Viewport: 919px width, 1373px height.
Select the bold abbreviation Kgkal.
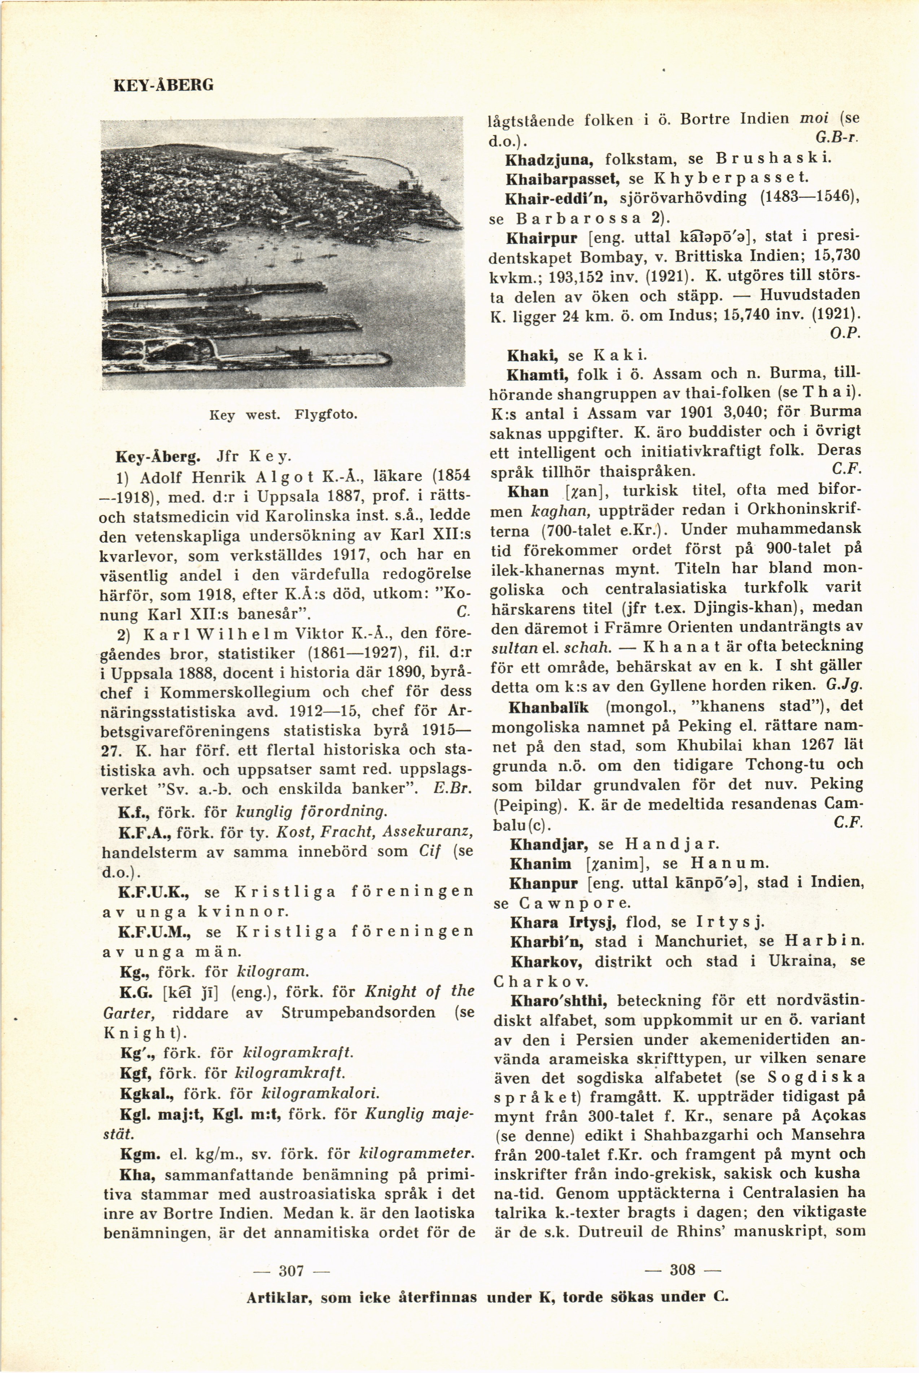coord(147,1093)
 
